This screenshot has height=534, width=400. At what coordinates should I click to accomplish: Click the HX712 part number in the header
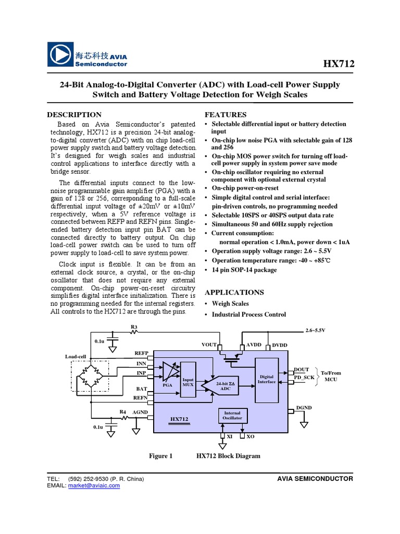click(339, 64)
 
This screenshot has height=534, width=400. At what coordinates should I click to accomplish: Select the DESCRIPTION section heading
click(74, 115)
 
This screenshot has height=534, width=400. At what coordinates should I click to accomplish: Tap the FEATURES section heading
click(226, 115)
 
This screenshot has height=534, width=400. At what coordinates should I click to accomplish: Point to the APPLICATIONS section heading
click(234, 292)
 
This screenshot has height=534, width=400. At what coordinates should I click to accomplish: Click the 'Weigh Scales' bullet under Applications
click(230, 304)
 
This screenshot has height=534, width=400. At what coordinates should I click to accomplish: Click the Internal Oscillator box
click(232, 416)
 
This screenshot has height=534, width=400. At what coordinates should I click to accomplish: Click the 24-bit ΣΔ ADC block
click(225, 386)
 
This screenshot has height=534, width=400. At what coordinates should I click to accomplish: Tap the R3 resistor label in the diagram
click(133, 327)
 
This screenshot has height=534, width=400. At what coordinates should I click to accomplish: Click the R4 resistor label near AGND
click(123, 412)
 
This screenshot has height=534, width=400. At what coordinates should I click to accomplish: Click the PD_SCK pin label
click(304, 377)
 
